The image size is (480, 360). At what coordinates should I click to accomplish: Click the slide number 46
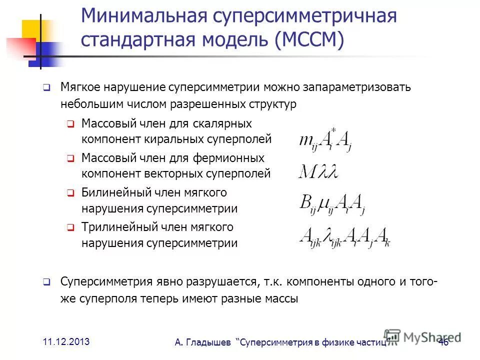(x=443, y=342)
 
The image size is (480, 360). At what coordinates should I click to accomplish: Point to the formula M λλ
(x=318, y=172)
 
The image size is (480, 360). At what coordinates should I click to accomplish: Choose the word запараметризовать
(x=350, y=87)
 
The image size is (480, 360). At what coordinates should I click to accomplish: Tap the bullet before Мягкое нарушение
(x=45, y=88)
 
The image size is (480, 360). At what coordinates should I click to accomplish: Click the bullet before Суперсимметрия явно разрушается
(x=45, y=282)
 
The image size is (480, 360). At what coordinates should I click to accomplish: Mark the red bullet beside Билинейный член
(x=70, y=193)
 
